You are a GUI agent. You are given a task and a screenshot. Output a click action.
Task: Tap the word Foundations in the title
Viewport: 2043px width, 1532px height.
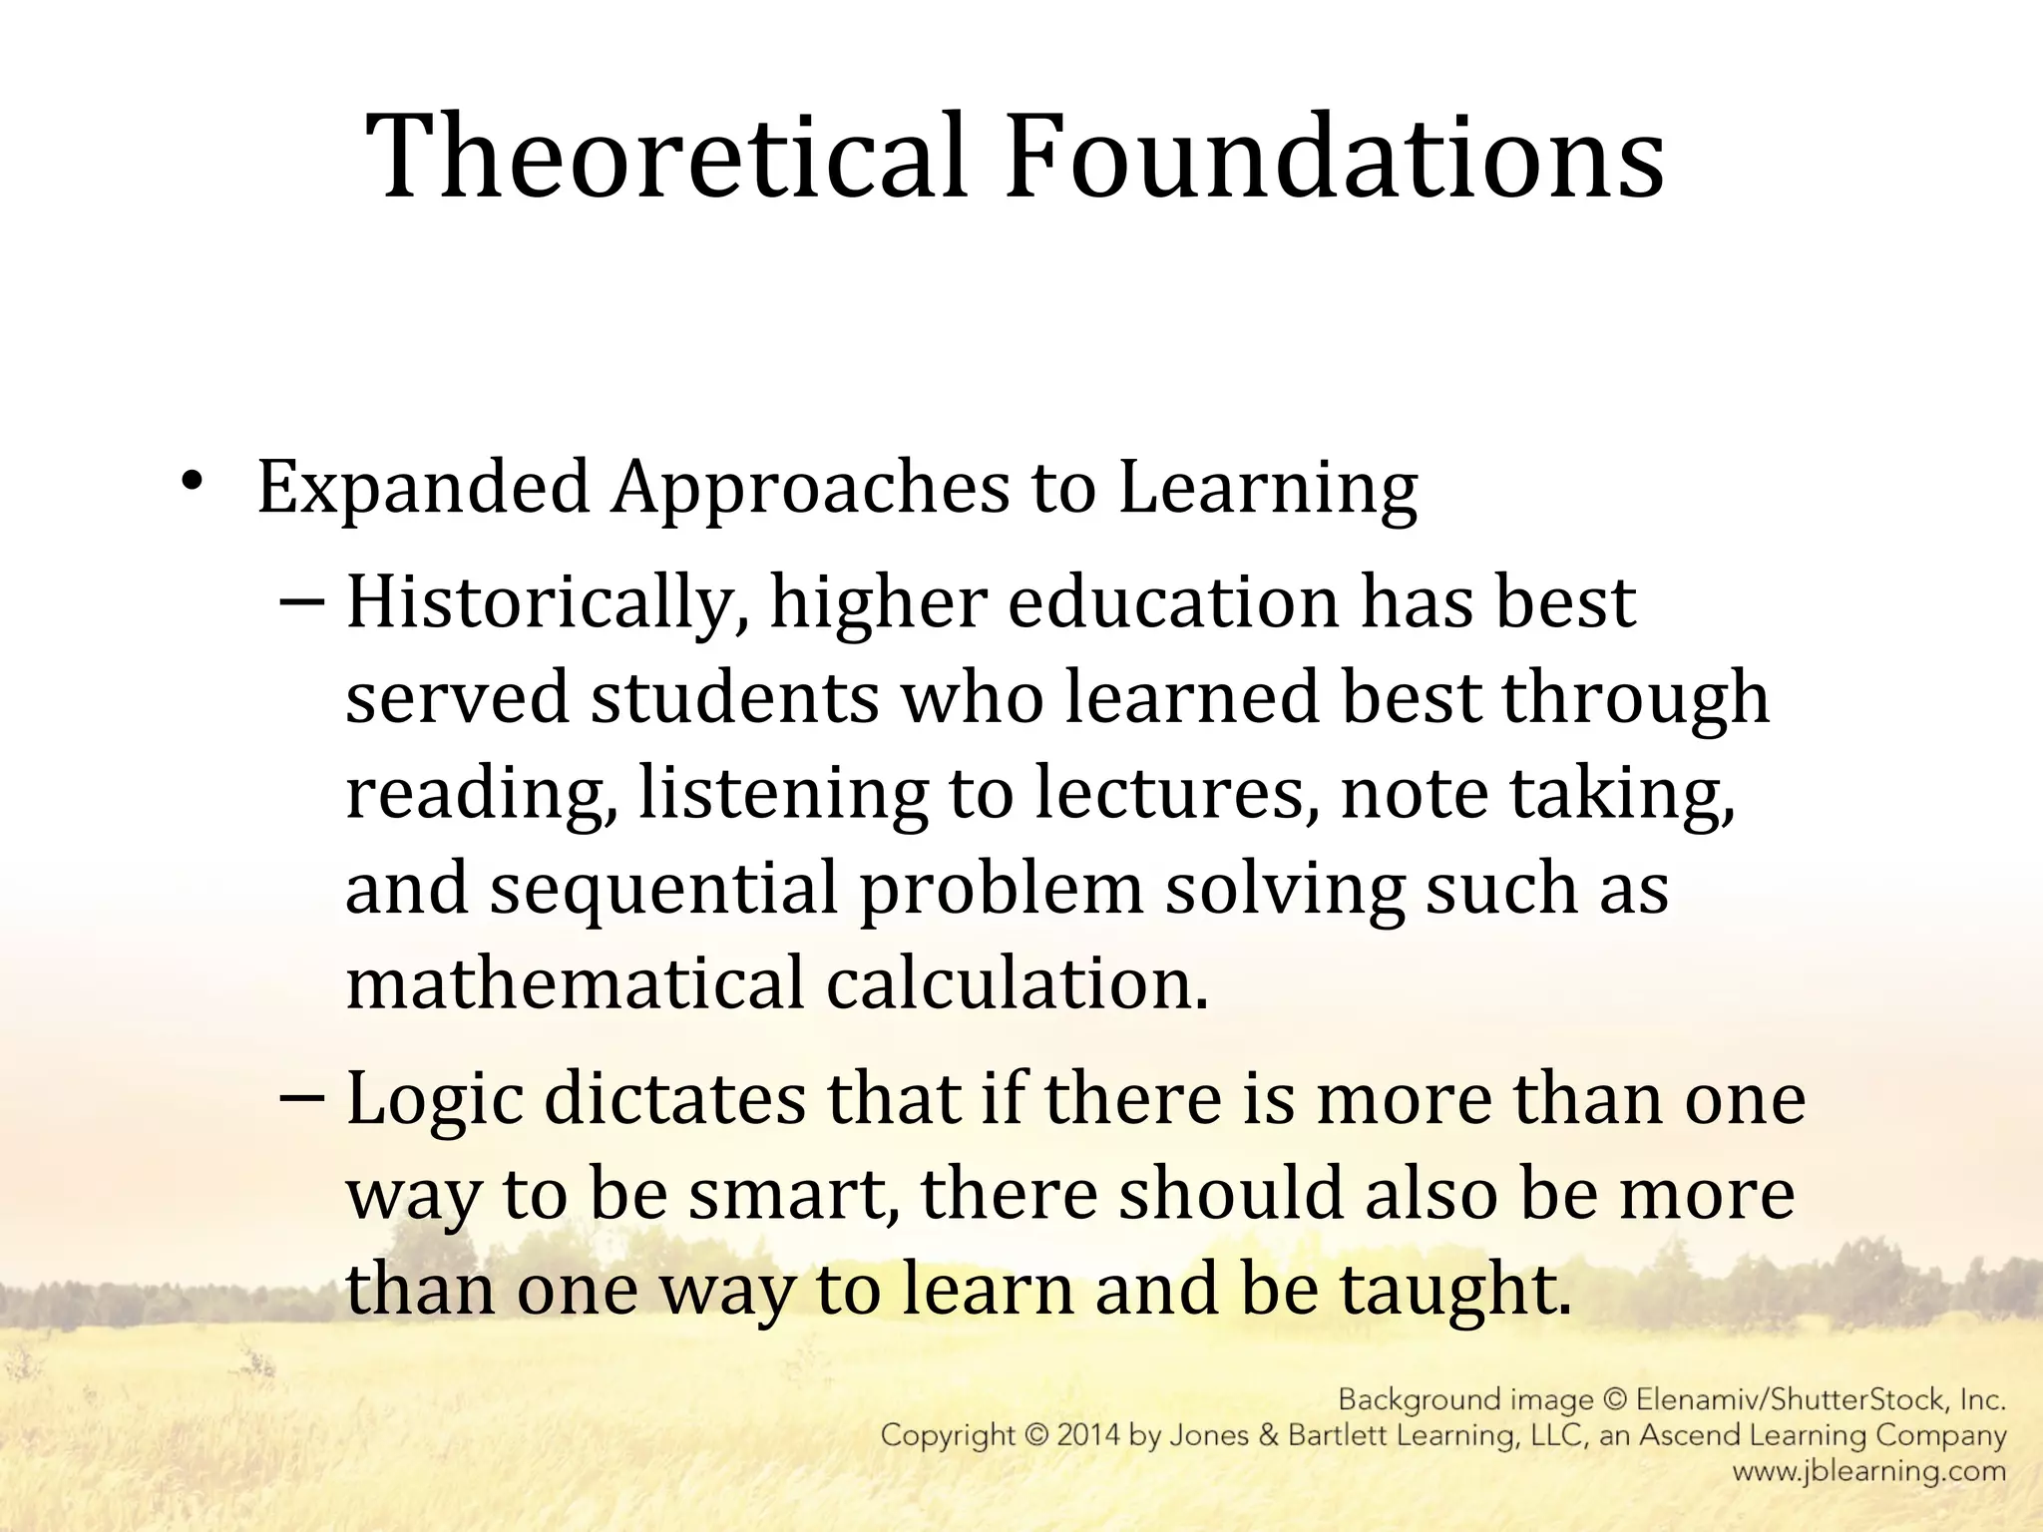pyautogui.click(x=1335, y=157)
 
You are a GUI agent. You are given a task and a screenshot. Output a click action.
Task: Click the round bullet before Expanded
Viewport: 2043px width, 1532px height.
pyautogui.click(x=193, y=481)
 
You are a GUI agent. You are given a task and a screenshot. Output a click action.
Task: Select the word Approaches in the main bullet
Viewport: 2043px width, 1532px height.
pyautogui.click(x=810, y=489)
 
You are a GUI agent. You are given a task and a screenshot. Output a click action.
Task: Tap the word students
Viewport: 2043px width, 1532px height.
pyautogui.click(x=735, y=697)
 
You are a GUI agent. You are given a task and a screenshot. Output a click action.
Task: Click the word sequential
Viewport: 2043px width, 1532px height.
pyautogui.click(x=663, y=888)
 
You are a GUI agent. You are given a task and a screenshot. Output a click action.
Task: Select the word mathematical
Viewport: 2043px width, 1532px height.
pyautogui.click(x=575, y=982)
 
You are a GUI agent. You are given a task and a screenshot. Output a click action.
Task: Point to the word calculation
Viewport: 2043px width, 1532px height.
pyautogui.click(x=1017, y=982)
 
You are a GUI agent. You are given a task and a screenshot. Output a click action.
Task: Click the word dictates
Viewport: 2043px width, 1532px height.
pyautogui.click(x=674, y=1099)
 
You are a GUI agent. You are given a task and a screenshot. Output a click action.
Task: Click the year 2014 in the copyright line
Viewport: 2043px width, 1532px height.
pyautogui.click(x=1089, y=1436)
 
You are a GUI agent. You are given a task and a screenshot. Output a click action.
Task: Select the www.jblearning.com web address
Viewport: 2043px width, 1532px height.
pyautogui.click(x=1868, y=1471)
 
